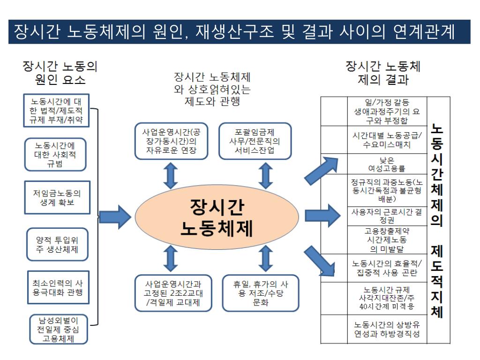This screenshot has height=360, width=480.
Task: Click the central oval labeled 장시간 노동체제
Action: pyautogui.click(x=217, y=216)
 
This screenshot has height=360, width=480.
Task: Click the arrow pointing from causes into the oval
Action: pyautogui.click(x=115, y=216)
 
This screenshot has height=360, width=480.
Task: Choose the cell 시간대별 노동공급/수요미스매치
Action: pyautogui.click(x=387, y=139)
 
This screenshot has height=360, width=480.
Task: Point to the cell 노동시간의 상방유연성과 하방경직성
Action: pyautogui.click(x=387, y=330)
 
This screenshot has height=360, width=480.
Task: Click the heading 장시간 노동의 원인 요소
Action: pyautogui.click(x=60, y=72)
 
